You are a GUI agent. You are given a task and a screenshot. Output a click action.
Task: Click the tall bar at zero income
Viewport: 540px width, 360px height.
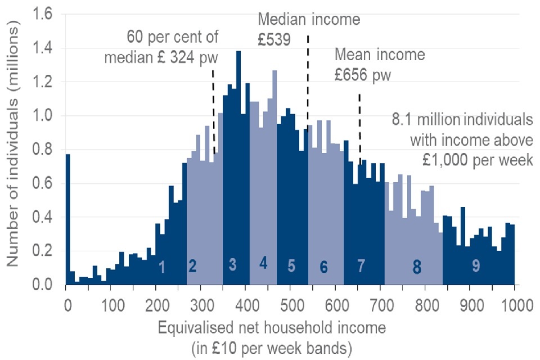67,219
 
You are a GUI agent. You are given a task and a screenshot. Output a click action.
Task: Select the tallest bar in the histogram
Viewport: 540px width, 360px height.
238,169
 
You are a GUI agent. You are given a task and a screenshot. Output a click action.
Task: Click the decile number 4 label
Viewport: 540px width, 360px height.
263,263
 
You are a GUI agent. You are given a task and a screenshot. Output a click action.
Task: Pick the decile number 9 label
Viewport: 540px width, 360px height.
476,267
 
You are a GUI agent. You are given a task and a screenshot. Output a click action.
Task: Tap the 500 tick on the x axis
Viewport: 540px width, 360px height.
291,307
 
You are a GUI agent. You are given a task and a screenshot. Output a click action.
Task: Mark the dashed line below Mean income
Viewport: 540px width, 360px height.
359,129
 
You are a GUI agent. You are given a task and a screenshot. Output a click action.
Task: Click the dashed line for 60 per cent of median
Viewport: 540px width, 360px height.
214,112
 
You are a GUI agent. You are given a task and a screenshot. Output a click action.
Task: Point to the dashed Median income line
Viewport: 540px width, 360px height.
308,79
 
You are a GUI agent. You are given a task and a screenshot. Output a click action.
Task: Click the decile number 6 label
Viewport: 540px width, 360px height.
323,268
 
